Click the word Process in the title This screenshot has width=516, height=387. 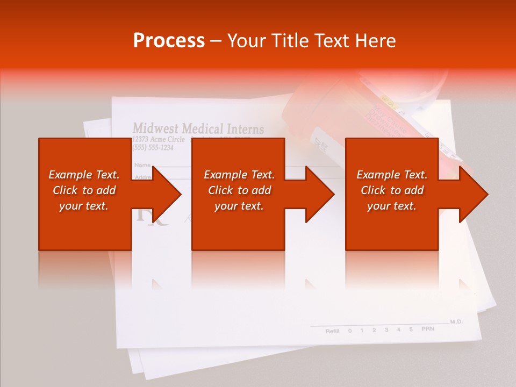pos(169,41)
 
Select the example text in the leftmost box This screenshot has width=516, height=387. pos(84,190)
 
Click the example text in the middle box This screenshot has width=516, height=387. pos(239,190)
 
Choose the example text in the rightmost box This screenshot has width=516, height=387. pos(392,190)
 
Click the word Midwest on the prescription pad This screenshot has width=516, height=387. pos(156,128)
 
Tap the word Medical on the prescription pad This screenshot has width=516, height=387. pos(202,128)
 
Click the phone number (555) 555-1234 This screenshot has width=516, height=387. pos(153,147)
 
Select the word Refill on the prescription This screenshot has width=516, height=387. pos(333,331)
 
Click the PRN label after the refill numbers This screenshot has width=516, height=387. pos(427,328)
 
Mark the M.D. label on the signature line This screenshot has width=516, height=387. pos(456,321)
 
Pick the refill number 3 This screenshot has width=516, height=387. pos(386,329)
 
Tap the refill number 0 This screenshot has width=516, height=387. pos(350,331)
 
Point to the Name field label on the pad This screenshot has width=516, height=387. pos(142,164)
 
